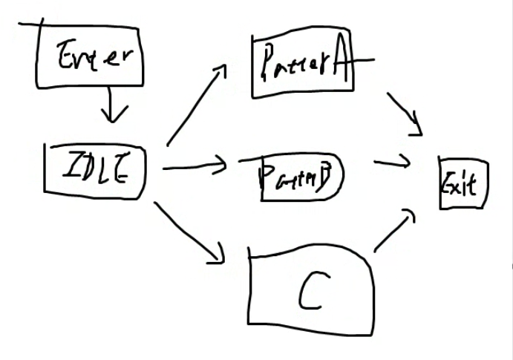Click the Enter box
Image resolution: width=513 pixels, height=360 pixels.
[x=88, y=56]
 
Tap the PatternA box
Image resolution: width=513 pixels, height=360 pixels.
[x=301, y=67]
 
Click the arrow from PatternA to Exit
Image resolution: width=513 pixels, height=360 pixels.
[x=405, y=114]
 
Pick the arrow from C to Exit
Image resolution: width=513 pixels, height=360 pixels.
[x=394, y=230]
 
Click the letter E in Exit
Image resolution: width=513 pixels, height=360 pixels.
[x=449, y=183]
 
